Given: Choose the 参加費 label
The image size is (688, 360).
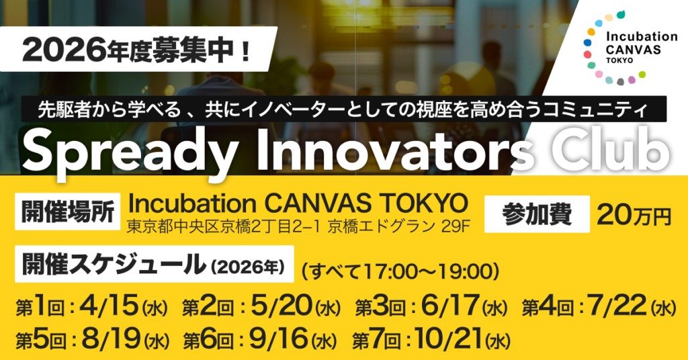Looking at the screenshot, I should pos(537,214).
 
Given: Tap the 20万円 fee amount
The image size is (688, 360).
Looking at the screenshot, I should pos(634,215).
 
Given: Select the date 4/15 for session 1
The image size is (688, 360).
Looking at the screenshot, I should pos(108,307).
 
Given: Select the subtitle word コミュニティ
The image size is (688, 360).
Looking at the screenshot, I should pos(619,108).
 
